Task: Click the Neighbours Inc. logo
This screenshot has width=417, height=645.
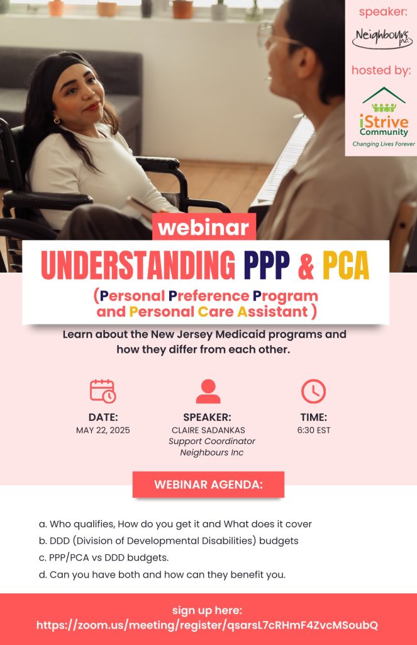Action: (382, 38)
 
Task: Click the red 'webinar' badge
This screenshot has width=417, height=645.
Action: (204, 227)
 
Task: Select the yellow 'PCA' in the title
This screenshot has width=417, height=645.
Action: (345, 265)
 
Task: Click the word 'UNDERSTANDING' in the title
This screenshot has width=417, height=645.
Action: (138, 265)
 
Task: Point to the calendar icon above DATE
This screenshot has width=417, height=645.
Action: (103, 391)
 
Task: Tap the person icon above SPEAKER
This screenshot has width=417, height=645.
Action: (208, 391)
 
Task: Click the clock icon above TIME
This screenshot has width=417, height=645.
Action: (313, 391)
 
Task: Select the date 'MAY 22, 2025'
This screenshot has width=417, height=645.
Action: (103, 430)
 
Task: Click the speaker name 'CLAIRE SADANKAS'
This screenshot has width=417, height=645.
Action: (208, 430)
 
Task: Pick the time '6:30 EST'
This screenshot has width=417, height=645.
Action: (314, 430)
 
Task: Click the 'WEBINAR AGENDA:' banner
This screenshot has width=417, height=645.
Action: (208, 484)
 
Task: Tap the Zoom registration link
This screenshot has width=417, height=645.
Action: (207, 625)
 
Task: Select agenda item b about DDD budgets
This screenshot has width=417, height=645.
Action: (169, 541)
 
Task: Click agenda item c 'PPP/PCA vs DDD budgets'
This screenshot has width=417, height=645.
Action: (104, 558)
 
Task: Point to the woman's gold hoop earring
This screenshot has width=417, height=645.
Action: (57, 120)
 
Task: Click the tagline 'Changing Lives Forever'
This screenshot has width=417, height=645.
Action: (384, 144)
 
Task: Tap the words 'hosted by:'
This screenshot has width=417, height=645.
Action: (381, 71)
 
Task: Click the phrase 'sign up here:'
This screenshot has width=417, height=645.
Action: (207, 610)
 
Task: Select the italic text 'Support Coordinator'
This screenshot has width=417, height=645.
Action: (211, 442)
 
